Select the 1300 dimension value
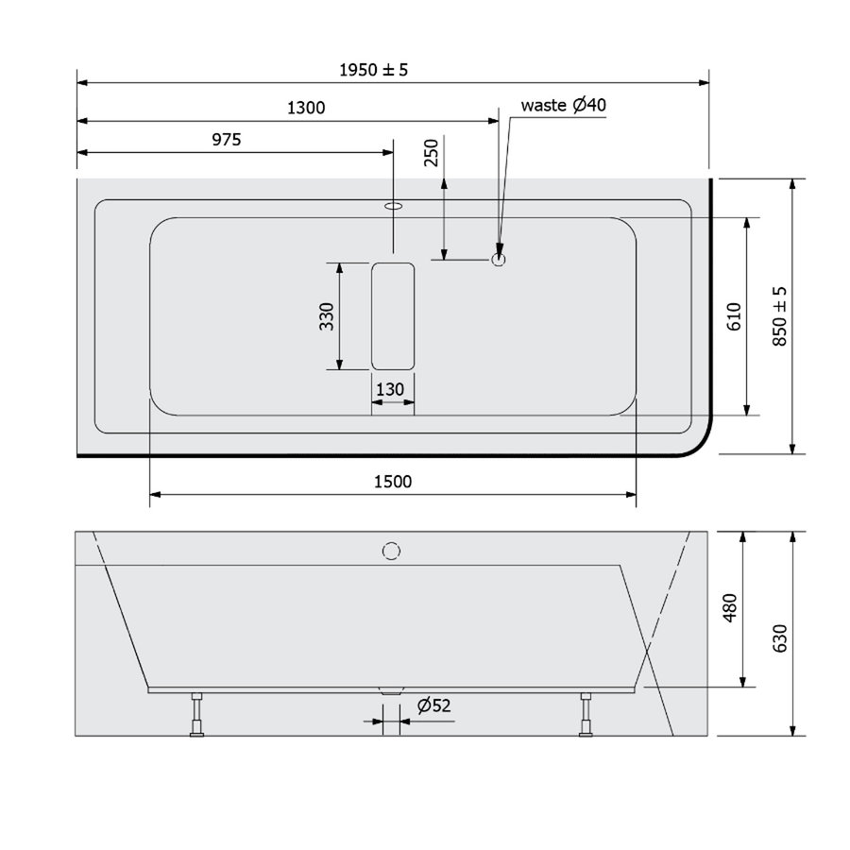(305, 108)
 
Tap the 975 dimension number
(226, 140)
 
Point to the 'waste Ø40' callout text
(563, 106)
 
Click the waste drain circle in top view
(499, 257)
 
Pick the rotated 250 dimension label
(431, 153)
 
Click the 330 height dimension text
(326, 315)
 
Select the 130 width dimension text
(390, 389)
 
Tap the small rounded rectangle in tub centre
(393, 315)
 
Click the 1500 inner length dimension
(393, 482)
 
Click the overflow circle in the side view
(391, 550)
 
